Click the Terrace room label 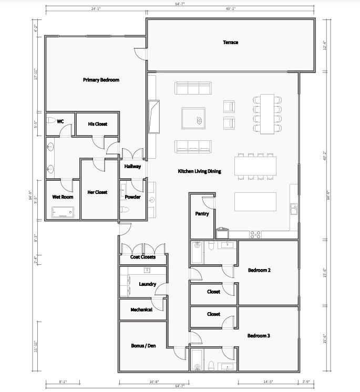pyautogui.click(x=230, y=43)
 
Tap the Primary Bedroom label pyautogui.click(x=101, y=80)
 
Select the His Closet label pyautogui.click(x=97, y=124)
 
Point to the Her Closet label pyautogui.click(x=97, y=192)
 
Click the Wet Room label pyautogui.click(x=63, y=197)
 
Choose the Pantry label pyautogui.click(x=202, y=214)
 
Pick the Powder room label pyautogui.click(x=132, y=197)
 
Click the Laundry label pyautogui.click(x=147, y=284)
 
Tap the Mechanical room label pyautogui.click(x=141, y=310)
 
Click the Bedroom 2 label pyautogui.click(x=259, y=271)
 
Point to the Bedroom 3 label pyautogui.click(x=259, y=335)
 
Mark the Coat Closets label pyautogui.click(x=143, y=257)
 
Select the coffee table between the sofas pyautogui.click(x=193, y=118)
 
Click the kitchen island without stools pyautogui.click(x=255, y=201)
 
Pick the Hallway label pyautogui.click(x=132, y=167)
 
